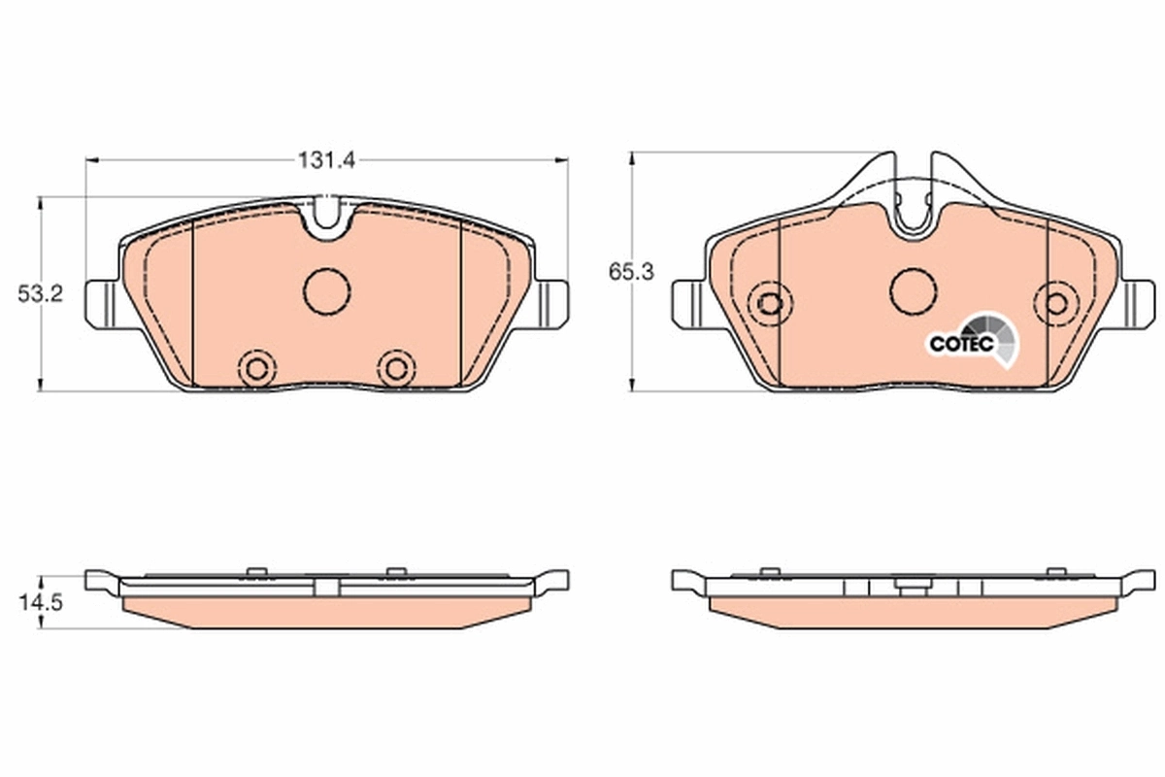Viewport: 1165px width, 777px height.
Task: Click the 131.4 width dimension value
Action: coord(326,161)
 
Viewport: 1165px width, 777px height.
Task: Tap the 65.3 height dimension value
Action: coord(632,272)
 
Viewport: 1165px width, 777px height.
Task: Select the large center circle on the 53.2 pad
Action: coord(326,290)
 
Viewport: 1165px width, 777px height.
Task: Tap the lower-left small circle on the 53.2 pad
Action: coord(257,368)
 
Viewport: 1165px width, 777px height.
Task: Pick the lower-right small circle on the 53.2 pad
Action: coord(396,368)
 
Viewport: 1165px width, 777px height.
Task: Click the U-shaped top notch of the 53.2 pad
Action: coord(326,219)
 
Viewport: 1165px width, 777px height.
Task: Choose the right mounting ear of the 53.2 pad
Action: coord(550,303)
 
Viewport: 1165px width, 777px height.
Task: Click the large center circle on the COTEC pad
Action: coord(914,290)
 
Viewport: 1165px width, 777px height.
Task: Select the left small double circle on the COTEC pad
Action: coord(770,303)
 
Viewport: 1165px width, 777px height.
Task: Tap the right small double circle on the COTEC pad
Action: coord(1056,303)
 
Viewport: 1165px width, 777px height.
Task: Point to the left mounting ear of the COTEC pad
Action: coord(689,303)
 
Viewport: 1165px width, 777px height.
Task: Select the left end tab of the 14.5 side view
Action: coord(101,581)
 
